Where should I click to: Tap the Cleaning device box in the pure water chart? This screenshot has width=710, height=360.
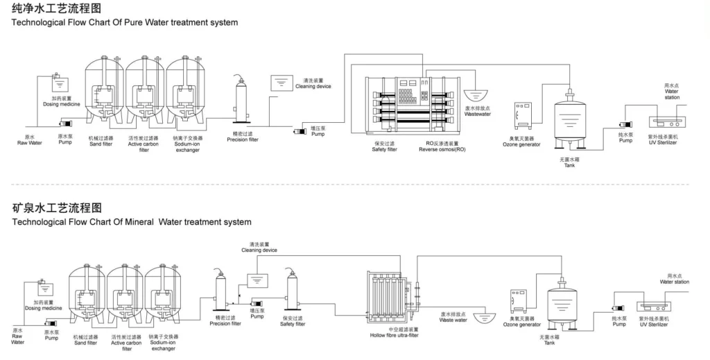[282, 81]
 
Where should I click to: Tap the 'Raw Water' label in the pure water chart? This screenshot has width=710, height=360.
[30, 143]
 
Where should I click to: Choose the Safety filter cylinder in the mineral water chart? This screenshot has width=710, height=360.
[293, 294]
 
